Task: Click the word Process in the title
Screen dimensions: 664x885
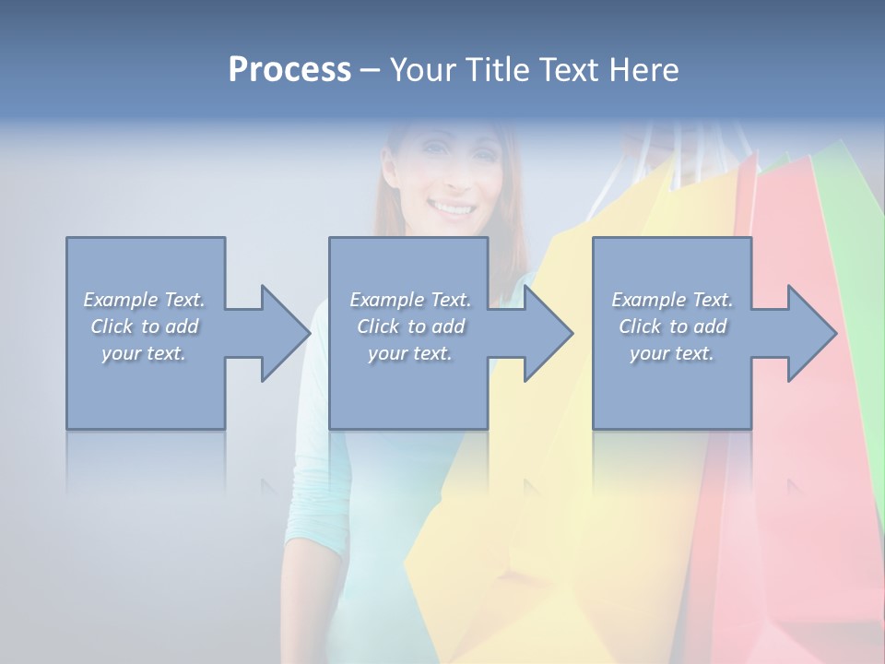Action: [289, 70]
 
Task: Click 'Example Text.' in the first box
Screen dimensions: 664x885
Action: [144, 300]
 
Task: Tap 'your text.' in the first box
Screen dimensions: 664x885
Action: [144, 353]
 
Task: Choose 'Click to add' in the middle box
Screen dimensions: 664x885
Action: [410, 326]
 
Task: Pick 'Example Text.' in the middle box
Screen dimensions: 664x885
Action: [410, 300]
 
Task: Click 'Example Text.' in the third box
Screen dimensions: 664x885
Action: [672, 300]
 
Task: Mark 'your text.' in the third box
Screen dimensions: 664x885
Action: [672, 353]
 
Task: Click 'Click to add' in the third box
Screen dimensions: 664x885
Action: [672, 326]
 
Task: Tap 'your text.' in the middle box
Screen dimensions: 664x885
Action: [410, 353]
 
